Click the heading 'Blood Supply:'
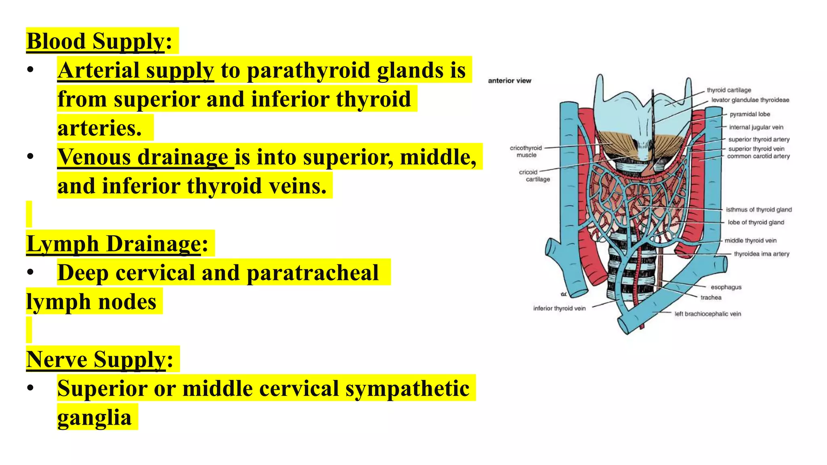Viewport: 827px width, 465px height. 99,41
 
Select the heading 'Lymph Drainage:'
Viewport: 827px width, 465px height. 117,244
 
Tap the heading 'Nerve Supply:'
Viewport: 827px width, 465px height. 100,359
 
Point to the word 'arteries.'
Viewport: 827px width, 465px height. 99,128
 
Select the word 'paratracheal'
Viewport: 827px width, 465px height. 313,273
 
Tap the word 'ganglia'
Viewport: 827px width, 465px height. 94,417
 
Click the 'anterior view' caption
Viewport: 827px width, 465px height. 509,81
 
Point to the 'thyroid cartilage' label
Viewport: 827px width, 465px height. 728,90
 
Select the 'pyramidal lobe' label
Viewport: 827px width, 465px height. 749,114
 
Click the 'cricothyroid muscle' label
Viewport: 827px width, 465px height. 526,151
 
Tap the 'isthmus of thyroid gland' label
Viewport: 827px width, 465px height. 758,209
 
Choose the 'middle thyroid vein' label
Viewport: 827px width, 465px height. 750,241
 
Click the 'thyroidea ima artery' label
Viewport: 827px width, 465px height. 761,254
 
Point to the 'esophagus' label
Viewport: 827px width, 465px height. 726,287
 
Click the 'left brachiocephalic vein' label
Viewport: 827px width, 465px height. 707,314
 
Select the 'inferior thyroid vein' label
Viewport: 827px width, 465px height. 559,308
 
